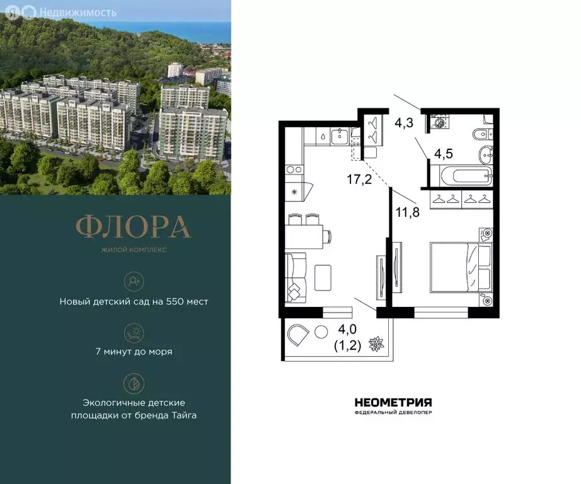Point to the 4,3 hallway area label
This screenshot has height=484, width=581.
point(403,124)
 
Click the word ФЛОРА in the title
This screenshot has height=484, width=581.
point(133,227)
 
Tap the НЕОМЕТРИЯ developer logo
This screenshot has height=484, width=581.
point(393,403)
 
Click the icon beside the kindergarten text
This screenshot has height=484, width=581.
point(133,280)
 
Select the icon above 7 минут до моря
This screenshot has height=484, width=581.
point(133,331)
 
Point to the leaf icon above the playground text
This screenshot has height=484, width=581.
point(133,382)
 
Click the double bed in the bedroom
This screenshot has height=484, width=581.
point(459,267)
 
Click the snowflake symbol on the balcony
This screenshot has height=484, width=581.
point(376,345)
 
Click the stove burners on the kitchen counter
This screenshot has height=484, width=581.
point(294,169)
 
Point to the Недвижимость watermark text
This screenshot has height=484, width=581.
point(78,12)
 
